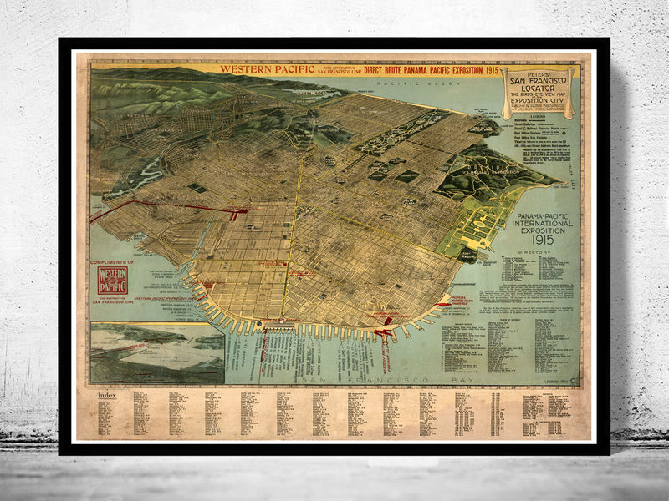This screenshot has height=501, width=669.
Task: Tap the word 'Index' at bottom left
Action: tap(108, 393)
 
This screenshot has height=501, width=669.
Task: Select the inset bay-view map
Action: tap(157, 351)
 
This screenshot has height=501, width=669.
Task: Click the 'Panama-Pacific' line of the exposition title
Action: tap(544, 215)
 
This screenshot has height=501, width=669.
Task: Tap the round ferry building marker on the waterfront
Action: tap(260, 324)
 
